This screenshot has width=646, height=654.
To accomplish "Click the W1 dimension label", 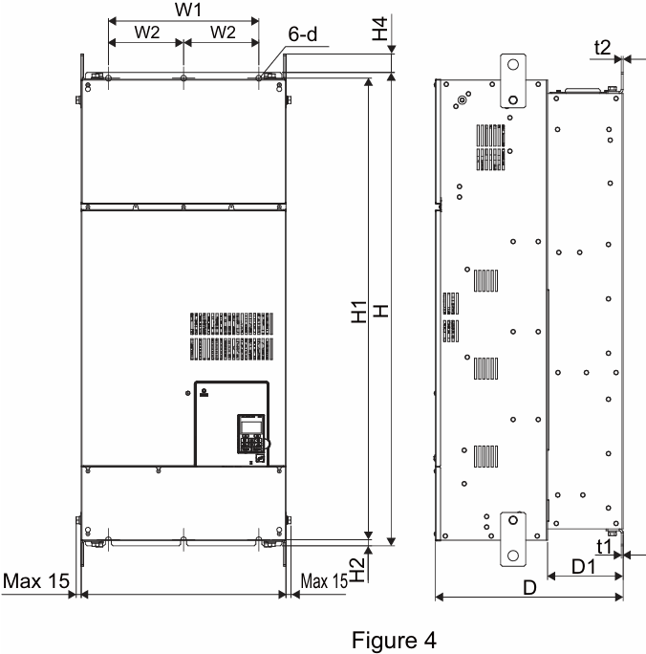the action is point(188,10).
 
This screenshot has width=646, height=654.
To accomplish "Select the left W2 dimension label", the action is point(147,33).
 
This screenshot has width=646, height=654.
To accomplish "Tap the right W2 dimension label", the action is point(223,33).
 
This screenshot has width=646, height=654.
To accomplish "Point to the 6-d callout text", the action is point(303,34).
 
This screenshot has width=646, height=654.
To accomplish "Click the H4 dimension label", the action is point(380,29).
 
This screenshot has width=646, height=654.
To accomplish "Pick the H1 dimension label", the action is point(359,312).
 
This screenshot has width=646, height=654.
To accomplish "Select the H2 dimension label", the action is point(357,570).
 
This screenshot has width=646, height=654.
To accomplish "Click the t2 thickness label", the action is point(602,48).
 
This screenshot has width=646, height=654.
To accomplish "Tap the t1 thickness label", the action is point(604,546).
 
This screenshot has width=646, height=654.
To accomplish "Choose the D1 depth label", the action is point(584,567).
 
